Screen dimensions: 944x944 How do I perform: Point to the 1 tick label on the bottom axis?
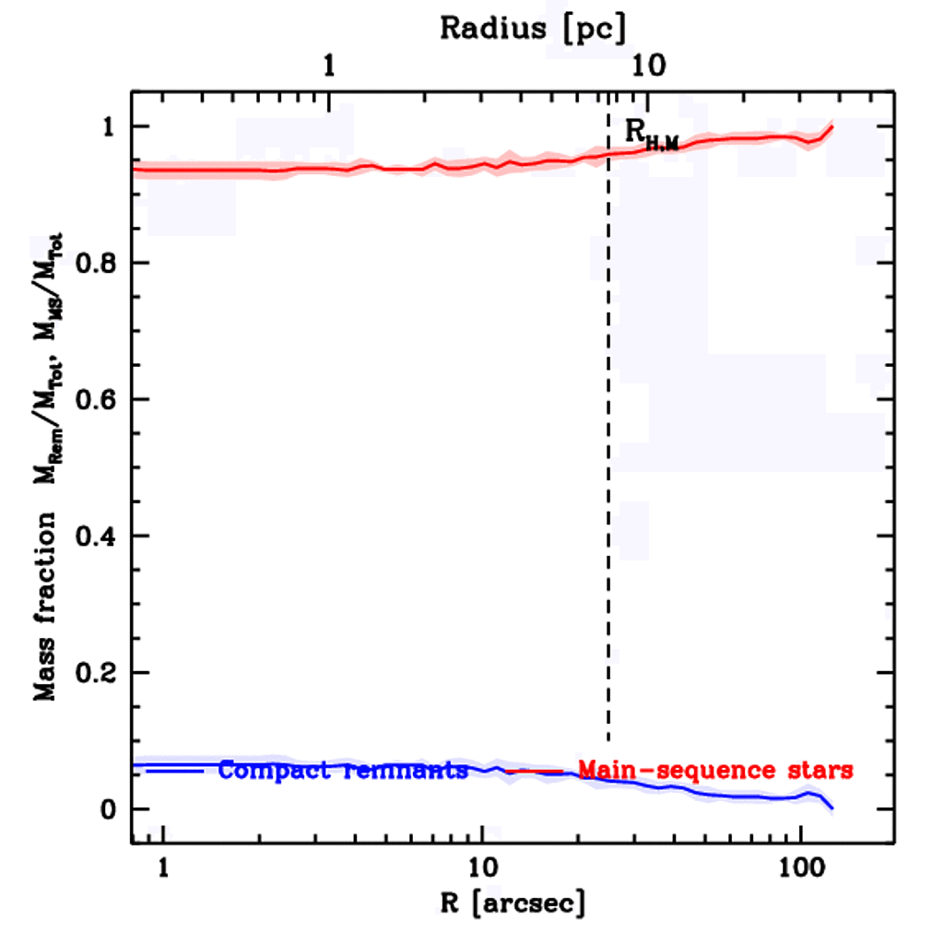point(163,867)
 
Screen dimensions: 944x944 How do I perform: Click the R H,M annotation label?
point(651,134)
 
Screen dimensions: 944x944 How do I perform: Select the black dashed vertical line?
point(608,461)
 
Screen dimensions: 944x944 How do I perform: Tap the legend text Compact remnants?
point(343,771)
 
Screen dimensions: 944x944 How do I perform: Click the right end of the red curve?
point(832,126)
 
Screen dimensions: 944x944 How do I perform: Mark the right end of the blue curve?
point(832,808)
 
